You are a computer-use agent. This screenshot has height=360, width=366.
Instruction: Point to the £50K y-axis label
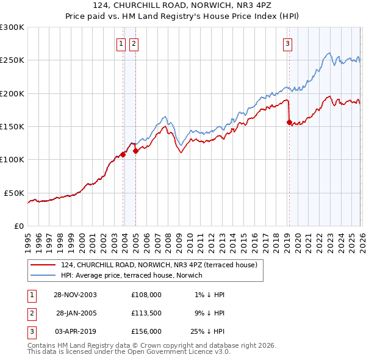click(13, 193)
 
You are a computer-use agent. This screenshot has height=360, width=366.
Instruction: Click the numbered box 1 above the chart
click(121, 43)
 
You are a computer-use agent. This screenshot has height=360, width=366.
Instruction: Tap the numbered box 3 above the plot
click(287, 43)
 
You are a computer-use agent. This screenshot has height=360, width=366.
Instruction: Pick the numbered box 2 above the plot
click(134, 43)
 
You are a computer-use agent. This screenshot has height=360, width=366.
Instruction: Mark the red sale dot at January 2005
click(135, 151)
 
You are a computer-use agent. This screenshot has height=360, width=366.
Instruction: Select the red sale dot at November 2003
click(123, 154)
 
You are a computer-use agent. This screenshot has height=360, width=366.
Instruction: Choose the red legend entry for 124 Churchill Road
click(159, 265)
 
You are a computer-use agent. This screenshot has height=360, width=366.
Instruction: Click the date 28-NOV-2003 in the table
click(75, 295)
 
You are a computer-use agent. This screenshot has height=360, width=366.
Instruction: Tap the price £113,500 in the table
click(146, 313)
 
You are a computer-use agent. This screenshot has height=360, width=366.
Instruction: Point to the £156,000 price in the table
click(146, 331)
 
